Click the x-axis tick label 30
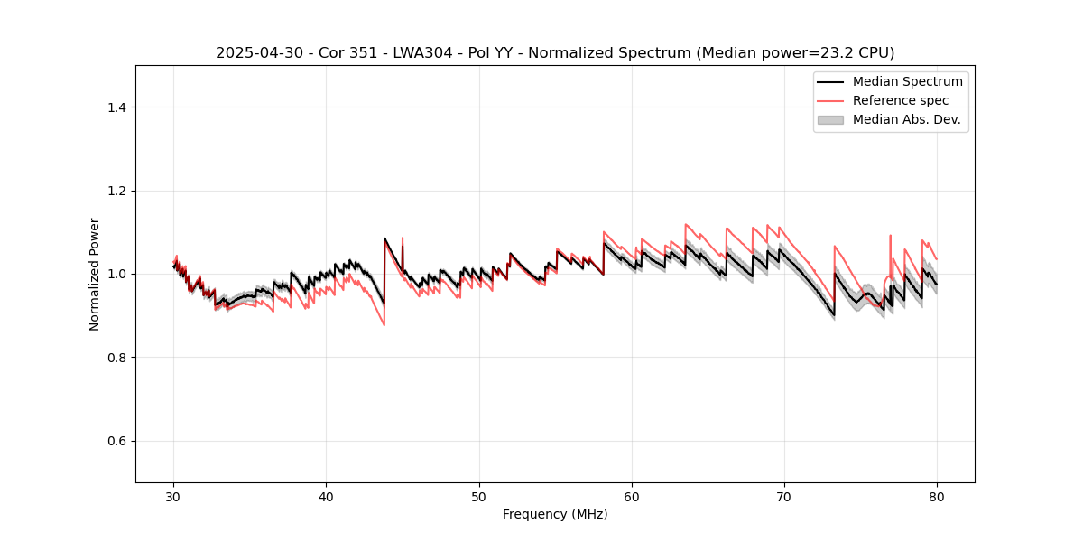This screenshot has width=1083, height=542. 174,497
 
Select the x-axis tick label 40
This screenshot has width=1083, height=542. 327,497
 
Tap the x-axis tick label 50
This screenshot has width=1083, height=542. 479,497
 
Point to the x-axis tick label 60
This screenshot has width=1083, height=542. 632,497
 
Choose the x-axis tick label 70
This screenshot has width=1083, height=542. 784,497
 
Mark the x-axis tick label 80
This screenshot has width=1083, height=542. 937,497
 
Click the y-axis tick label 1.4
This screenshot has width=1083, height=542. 116,107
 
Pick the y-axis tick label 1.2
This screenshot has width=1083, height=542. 116,191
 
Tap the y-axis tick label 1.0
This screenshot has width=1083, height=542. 116,274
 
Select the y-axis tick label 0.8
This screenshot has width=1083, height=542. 116,358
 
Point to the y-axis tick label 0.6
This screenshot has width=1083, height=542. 116,441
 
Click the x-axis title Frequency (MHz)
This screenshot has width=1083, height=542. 555,515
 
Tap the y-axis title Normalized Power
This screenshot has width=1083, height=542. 95,274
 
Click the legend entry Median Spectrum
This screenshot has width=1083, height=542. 907,82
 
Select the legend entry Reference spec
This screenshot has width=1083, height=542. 901,100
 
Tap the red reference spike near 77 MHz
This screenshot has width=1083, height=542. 890,237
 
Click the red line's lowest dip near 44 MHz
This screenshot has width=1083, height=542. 384,324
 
